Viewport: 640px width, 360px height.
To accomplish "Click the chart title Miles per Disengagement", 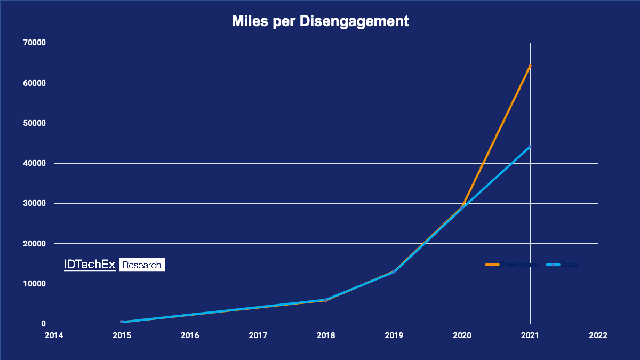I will pos(320,21).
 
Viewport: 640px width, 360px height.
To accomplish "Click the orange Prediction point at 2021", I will pos(530,66).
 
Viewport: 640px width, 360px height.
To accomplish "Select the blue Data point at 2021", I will pos(530,146).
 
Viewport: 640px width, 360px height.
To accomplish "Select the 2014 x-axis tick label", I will pos(54,336).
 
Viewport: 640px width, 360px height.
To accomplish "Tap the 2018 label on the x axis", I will pos(326,336).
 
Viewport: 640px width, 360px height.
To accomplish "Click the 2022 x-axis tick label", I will pos(598,336).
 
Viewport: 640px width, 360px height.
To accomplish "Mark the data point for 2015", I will pos(122,322).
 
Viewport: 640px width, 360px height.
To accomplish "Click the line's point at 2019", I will pos(394,272).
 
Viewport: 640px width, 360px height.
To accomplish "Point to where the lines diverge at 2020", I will pos(462,207).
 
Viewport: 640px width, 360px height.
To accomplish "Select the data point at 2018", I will pos(326,300).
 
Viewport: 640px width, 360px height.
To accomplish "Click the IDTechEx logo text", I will pos(90,265).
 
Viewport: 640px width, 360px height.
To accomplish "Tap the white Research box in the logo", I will pos(141,265).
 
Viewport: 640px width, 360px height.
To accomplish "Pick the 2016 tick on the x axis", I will pos(190,336).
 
